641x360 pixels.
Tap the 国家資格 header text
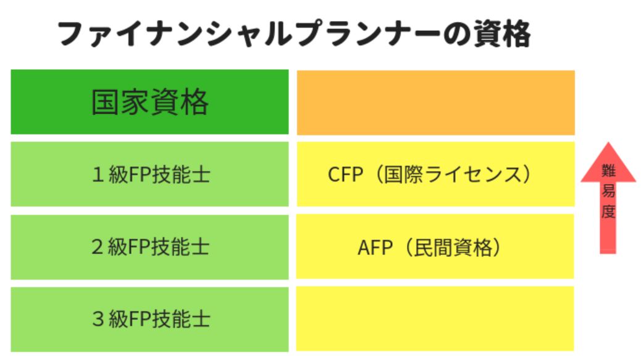point(149,102)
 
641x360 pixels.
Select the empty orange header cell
point(436,103)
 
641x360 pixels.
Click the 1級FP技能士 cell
point(149,174)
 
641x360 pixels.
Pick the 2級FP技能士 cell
point(149,247)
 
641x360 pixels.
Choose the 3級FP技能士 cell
point(149,319)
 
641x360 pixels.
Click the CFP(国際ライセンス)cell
point(436,174)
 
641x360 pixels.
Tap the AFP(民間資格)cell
point(435,246)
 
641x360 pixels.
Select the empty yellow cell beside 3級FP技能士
point(435,319)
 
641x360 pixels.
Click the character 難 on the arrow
point(608,170)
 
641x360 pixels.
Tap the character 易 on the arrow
point(608,191)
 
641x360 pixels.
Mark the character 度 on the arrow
point(608,211)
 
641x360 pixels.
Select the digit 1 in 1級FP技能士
point(98,175)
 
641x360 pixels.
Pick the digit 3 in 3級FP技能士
point(98,319)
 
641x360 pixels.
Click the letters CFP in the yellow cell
point(345,175)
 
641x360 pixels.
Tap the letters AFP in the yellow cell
point(375,247)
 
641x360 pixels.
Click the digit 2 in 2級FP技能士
point(98,247)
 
